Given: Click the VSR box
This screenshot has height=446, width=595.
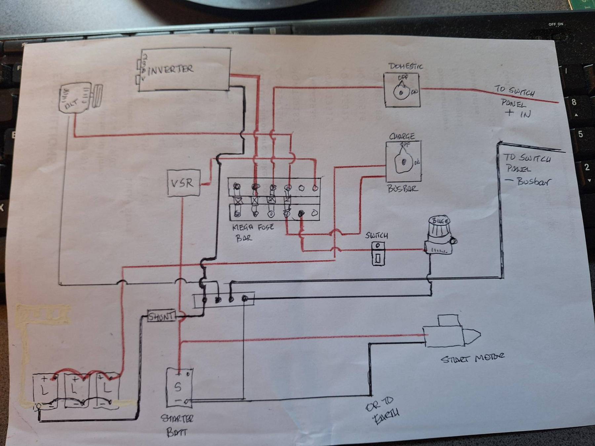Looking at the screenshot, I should click(184, 183).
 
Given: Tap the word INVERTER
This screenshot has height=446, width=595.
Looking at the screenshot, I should click(171, 70).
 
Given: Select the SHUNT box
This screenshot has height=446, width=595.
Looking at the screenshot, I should click(161, 316).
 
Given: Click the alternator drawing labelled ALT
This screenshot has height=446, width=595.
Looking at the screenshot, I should click(80, 98).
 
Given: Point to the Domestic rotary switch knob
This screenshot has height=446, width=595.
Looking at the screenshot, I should click(401, 92).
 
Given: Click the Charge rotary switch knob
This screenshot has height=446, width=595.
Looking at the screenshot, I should click(403, 162).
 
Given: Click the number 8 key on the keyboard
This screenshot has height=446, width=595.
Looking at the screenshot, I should click(574, 102).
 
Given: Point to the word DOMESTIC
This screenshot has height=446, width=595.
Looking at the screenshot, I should click(406, 66).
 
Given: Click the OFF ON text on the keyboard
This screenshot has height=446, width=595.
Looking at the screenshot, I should click(556, 24).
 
